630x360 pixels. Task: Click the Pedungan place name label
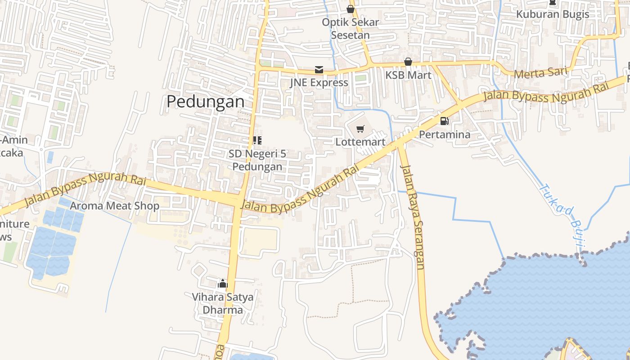pos(206,102)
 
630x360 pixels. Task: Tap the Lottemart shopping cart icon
pos(360,130)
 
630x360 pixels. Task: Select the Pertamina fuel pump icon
pos(445,121)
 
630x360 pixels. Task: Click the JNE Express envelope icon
pos(319,70)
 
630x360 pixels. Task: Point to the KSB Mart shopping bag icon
pos(408,62)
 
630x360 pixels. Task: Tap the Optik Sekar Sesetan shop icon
pos(351,9)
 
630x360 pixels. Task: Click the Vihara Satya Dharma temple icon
pos(222,284)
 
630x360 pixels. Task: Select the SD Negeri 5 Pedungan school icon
pos(257,140)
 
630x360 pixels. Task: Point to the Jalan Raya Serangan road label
pos(413,217)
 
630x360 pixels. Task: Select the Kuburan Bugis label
pos(553,14)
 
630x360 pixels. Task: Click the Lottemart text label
pos(360,142)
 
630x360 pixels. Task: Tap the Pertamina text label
pos(445,134)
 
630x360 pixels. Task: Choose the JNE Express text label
pos(319,82)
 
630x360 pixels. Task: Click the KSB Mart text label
pos(408,75)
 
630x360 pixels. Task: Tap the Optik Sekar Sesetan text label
pos(351,28)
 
